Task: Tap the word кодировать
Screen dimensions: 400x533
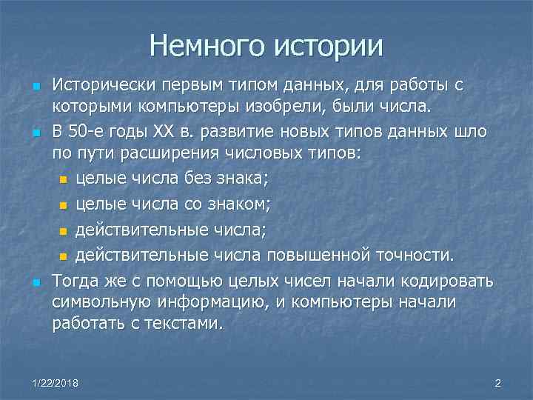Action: [x=449, y=282]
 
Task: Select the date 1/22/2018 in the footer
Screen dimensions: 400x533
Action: [x=56, y=383]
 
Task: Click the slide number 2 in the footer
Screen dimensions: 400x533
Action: [x=497, y=383]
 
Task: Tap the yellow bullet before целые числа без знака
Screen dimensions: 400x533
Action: [x=63, y=179]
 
